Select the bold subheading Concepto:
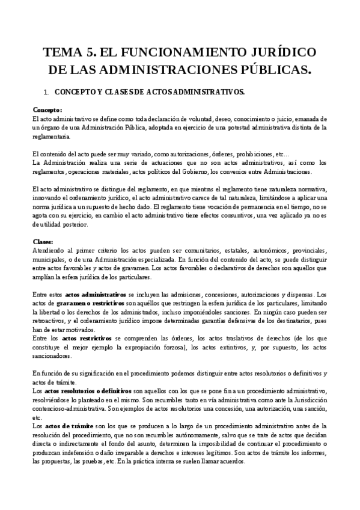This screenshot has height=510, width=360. coord(47,109)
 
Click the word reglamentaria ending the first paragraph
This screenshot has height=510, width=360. coord(52,137)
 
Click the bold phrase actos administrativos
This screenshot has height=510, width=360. coord(96,295)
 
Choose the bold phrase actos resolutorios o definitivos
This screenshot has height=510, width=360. coord(89,392)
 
